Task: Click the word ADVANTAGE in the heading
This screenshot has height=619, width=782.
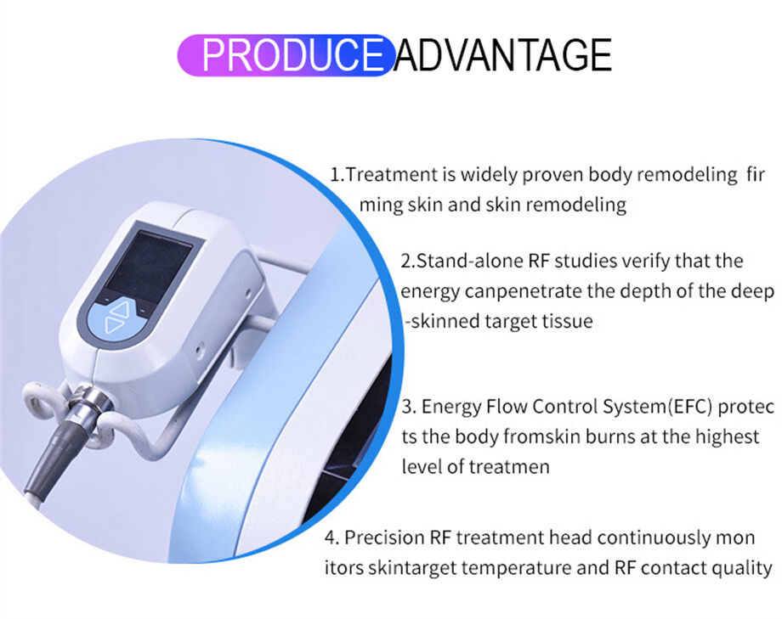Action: tap(503, 55)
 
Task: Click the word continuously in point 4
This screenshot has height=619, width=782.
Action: tap(655, 537)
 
